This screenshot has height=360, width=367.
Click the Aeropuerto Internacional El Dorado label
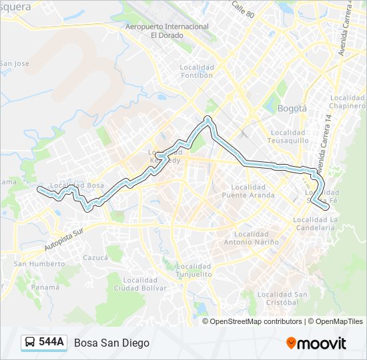[167, 31]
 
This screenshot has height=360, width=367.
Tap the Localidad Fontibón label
[197, 71]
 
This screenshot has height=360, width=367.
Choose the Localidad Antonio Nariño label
[257, 238]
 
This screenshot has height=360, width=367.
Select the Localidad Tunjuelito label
[194, 271]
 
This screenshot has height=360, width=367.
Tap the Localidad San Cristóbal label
[282, 298]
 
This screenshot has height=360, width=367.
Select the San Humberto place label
[39, 263]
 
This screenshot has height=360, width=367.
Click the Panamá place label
[45, 287]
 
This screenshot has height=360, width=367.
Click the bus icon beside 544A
[30, 343]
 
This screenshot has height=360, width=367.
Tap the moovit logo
[316, 343]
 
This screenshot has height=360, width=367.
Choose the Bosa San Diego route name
[112, 343]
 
